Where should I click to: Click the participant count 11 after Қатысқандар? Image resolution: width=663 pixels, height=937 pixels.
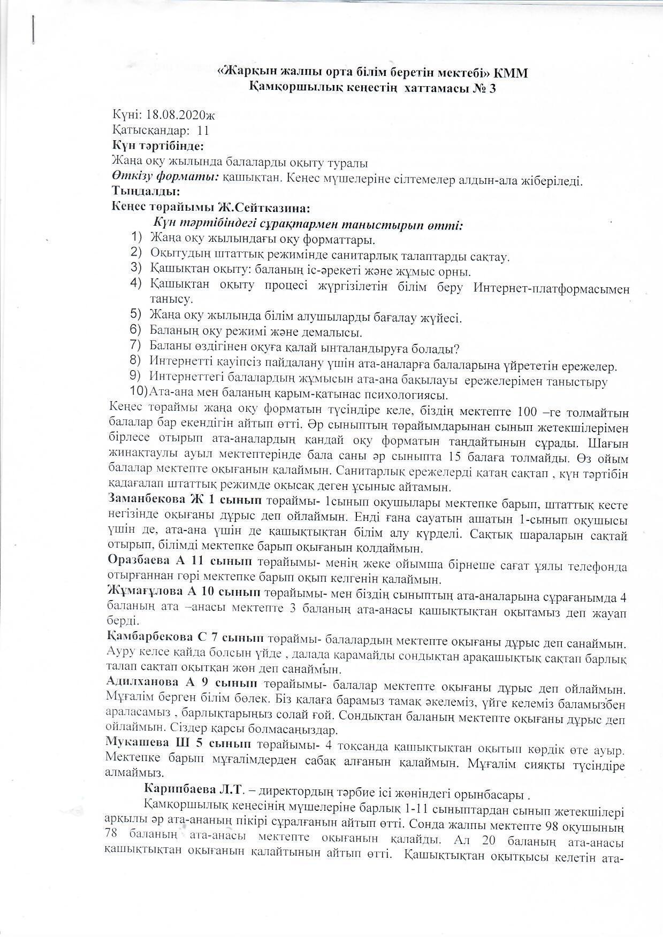point(203,130)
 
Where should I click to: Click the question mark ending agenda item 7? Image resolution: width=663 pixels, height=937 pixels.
point(456,349)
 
